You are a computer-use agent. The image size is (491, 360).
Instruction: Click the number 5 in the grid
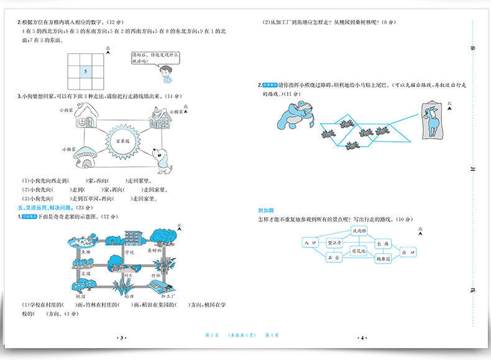[x=86, y=72]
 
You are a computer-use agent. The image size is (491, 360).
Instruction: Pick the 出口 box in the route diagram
[x=408, y=252]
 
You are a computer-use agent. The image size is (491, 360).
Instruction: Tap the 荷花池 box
[x=359, y=251]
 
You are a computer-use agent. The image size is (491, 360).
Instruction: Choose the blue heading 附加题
[x=266, y=210]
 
